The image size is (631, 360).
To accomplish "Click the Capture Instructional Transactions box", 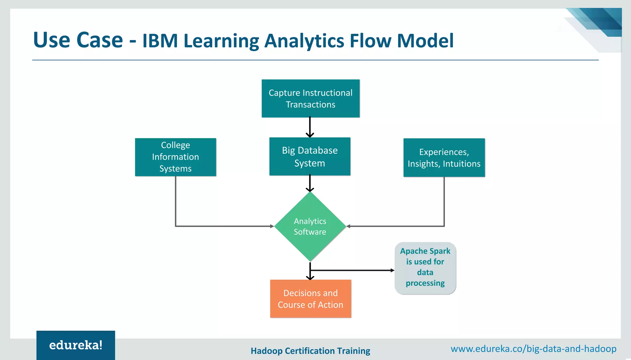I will [311, 99].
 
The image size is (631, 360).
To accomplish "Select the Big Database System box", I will [310, 156].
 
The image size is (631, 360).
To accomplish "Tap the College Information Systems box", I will [175, 157].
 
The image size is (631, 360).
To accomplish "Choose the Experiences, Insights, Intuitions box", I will [444, 158].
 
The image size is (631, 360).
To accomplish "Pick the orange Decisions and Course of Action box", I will [311, 299].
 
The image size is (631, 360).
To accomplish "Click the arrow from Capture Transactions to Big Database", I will [310, 127].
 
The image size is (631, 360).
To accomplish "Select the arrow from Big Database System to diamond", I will [310, 183].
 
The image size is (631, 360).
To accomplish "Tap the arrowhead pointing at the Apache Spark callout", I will [392, 270].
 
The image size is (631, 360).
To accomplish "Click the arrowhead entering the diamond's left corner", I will [272, 226].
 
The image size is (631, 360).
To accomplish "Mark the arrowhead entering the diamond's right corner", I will [348, 226].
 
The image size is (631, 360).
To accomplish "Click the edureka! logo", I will [76, 345].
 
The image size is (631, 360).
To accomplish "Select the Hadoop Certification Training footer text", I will [310, 351].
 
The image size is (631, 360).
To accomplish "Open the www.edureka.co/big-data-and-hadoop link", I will [533, 349].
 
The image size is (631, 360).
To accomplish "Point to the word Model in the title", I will [425, 41].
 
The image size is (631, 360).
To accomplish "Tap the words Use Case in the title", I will [78, 40].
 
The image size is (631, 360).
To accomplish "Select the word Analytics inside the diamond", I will [310, 221].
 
